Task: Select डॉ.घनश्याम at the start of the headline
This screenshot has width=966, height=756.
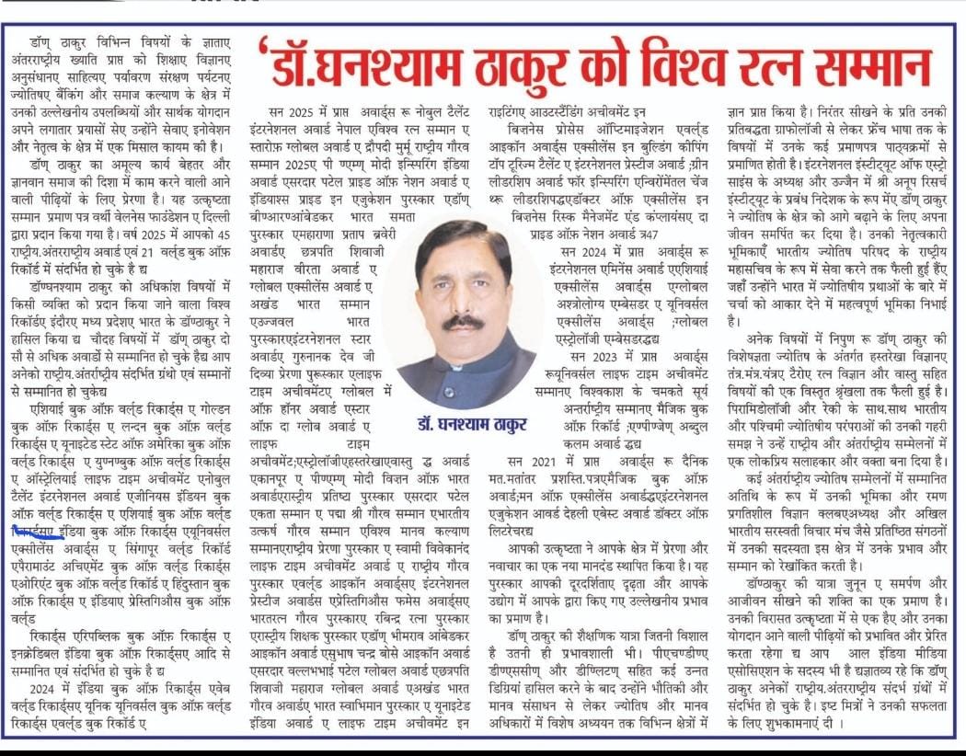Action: click(358, 69)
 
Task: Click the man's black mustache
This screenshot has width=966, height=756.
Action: click(462, 323)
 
